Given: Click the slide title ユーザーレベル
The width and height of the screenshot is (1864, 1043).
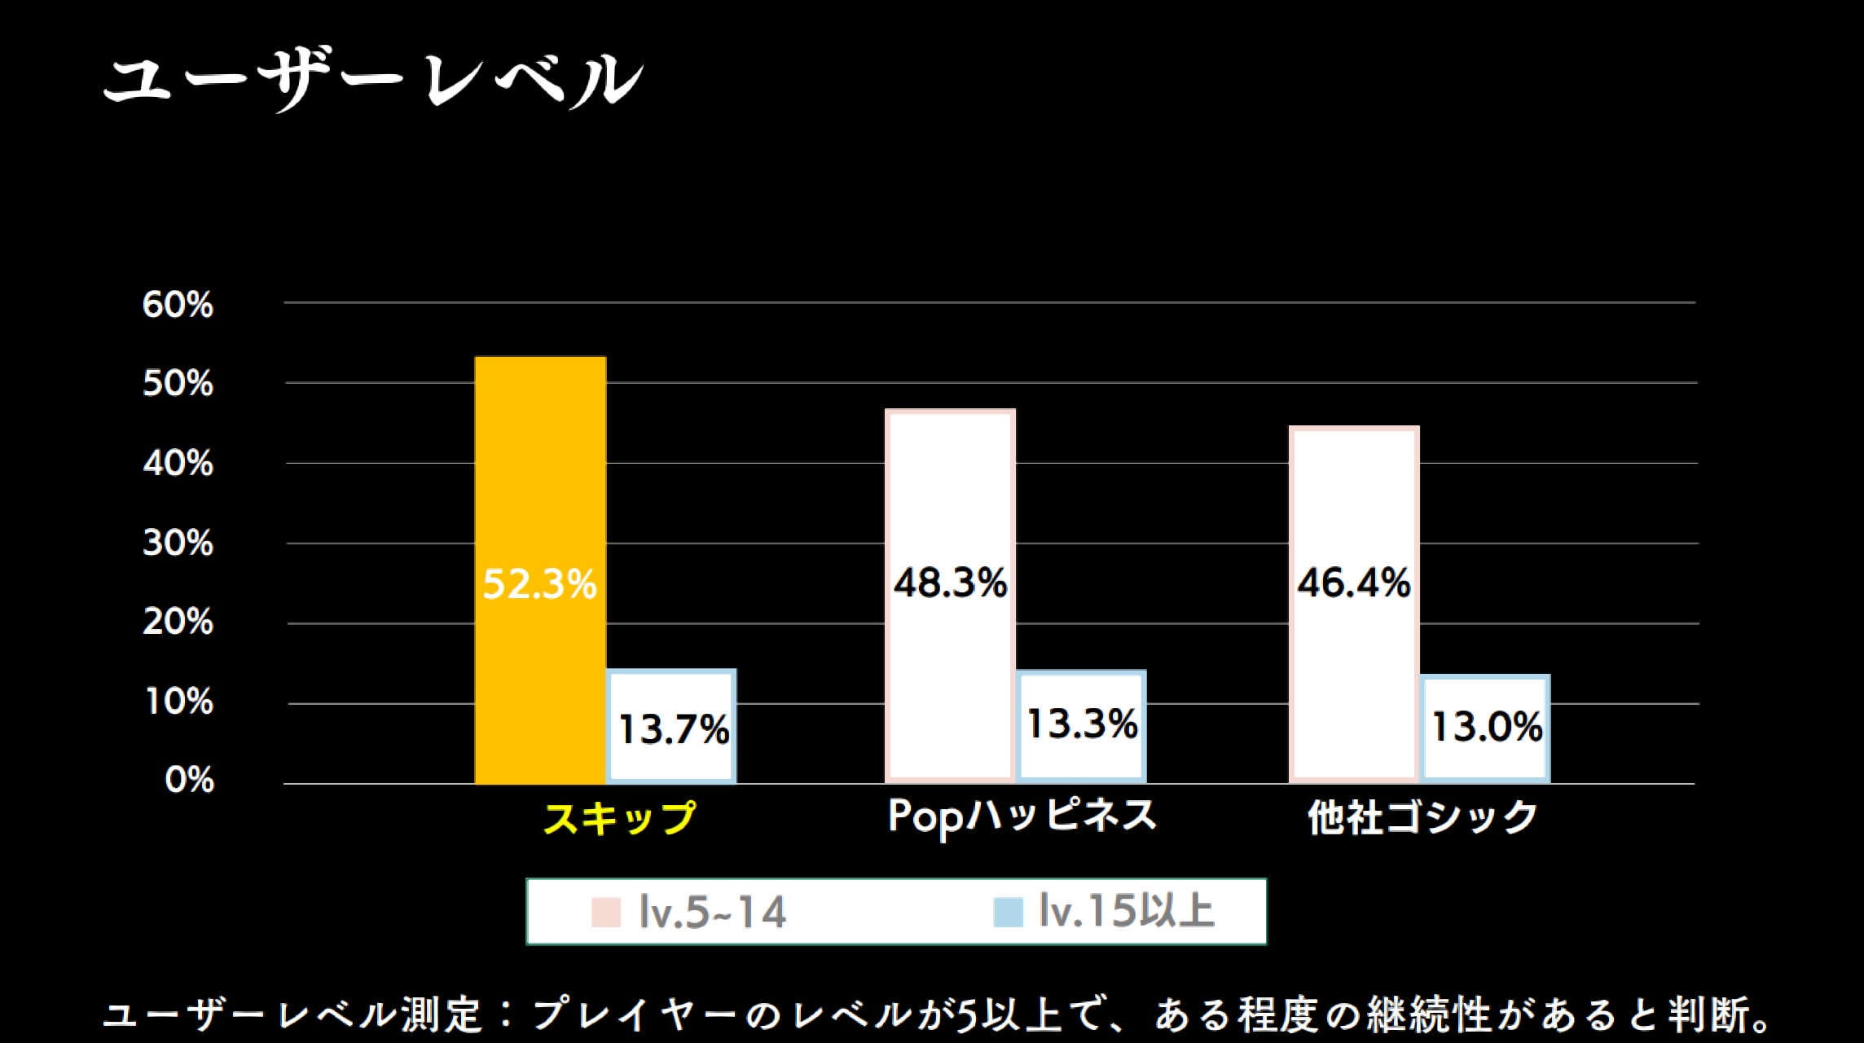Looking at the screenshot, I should (x=373, y=80).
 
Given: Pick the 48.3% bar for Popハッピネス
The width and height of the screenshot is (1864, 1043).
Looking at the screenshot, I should (x=950, y=489).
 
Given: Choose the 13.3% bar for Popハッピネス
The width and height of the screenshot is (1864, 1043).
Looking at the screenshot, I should (x=1082, y=725).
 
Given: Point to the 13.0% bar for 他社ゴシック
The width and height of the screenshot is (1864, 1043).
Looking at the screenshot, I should (x=1485, y=728).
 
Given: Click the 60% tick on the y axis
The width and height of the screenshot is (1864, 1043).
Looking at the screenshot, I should (x=178, y=305).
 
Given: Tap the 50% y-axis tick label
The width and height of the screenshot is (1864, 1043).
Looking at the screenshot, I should (x=178, y=384).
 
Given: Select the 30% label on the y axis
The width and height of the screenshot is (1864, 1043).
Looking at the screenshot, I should (x=178, y=543).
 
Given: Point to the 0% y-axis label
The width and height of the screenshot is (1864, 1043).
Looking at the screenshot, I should (x=189, y=781).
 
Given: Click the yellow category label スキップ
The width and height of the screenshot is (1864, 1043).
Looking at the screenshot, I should (x=619, y=817).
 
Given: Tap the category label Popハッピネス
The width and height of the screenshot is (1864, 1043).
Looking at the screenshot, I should (x=1022, y=816).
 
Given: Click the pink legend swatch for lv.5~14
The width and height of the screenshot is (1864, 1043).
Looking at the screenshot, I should (x=606, y=912).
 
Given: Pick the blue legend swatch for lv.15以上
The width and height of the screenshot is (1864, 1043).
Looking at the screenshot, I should (x=1008, y=912).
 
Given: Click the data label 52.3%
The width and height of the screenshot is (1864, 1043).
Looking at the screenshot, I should (x=539, y=584).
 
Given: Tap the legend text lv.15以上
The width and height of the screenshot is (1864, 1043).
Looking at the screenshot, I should (x=1127, y=911).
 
